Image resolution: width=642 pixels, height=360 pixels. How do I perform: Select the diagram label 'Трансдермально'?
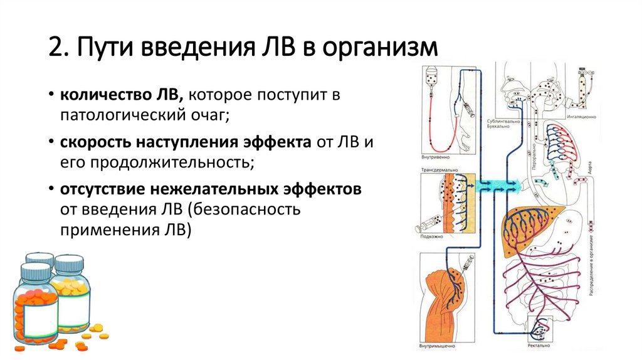[x=439, y=170]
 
